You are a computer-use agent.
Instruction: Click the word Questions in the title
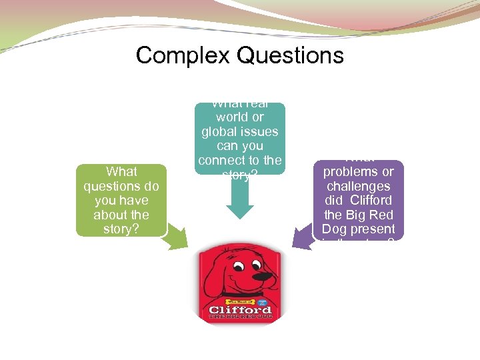(x=289, y=55)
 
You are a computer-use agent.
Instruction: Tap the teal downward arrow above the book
(x=240, y=200)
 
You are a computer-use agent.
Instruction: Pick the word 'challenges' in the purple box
(x=359, y=186)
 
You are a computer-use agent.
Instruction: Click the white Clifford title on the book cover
(x=239, y=310)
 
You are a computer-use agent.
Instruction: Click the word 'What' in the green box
(x=121, y=172)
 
